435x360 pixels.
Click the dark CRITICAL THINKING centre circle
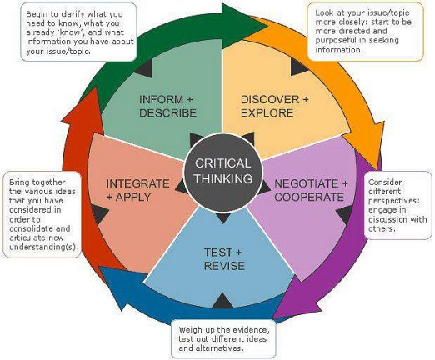[x=223, y=172]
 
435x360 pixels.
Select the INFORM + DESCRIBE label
[x=167, y=107]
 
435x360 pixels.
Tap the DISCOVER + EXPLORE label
[x=274, y=107]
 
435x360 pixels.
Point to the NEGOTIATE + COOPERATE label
[x=311, y=190]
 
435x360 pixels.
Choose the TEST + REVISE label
[x=224, y=259]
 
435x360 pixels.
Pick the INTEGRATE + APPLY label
[x=137, y=190]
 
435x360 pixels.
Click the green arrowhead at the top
[x=243, y=27]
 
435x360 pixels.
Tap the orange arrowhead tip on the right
[x=377, y=168]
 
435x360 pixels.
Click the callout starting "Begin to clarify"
[x=78, y=32]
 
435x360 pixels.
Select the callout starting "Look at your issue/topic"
[x=366, y=32]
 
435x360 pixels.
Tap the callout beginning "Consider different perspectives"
[x=397, y=205]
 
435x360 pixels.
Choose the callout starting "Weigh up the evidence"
[x=223, y=339]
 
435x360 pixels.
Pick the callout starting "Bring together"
[x=42, y=214]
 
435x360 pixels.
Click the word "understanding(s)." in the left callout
[x=43, y=247]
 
